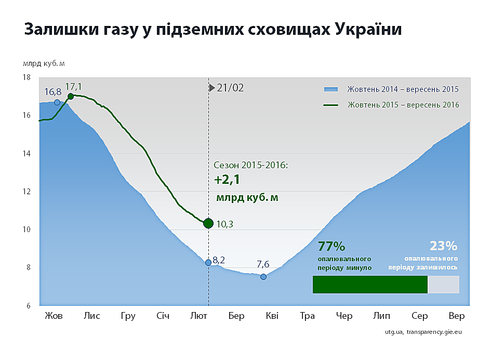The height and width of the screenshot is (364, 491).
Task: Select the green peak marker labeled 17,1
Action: [x=71, y=97]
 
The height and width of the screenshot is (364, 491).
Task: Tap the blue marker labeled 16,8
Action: [x=57, y=102]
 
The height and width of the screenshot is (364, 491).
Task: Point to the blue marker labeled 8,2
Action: [x=208, y=263]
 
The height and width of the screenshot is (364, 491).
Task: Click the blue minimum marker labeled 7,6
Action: [x=263, y=277]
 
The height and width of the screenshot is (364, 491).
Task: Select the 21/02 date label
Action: [x=230, y=88]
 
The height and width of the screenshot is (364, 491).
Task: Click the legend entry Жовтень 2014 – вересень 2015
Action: [x=391, y=89]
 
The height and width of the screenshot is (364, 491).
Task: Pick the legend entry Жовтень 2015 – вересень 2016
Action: [x=391, y=105]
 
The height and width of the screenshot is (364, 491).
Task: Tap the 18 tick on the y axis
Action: [x=26, y=77]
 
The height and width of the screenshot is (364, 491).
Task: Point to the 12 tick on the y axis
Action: [x=26, y=192]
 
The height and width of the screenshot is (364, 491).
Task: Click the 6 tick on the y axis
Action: [x=28, y=306]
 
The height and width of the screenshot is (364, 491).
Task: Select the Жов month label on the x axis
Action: [x=54, y=316]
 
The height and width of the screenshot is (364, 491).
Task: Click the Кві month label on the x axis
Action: [x=272, y=316]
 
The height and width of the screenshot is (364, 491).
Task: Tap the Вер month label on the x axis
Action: [x=457, y=316]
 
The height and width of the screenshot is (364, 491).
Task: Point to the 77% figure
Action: [x=331, y=247]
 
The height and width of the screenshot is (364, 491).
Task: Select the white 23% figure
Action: [x=443, y=246]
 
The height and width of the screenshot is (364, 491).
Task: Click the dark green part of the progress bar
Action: [x=370, y=285]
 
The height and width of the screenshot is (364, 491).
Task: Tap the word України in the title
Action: [x=368, y=30]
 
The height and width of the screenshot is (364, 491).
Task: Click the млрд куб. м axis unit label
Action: [x=44, y=64]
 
